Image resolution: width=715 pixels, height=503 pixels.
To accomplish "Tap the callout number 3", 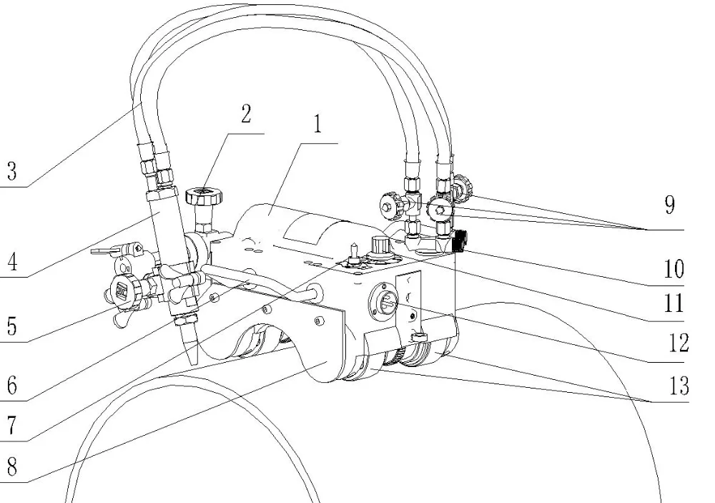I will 11,172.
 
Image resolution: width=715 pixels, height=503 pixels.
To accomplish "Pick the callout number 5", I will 11,326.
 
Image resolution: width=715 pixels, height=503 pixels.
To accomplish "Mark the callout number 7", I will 11,426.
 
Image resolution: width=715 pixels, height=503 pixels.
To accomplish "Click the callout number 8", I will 11,469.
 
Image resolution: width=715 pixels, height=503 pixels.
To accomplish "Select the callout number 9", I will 668,206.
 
